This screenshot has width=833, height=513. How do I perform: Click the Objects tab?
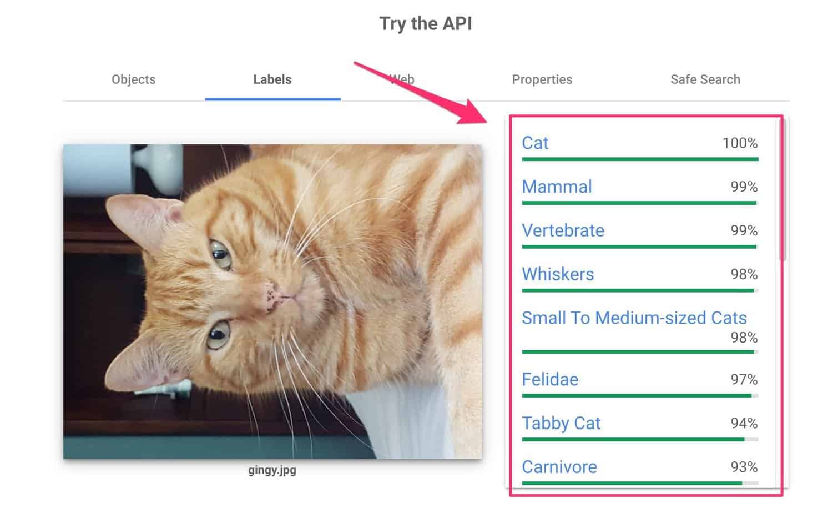pyautogui.click(x=133, y=79)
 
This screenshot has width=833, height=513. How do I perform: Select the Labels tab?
pyautogui.click(x=272, y=79)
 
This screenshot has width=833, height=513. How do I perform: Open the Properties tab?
pyautogui.click(x=542, y=79)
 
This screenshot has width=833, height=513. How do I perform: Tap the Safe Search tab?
pyautogui.click(x=705, y=79)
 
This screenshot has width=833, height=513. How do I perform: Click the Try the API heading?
pyautogui.click(x=426, y=23)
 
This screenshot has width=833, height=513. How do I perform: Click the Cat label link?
pyautogui.click(x=535, y=143)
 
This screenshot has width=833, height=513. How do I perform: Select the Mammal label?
pyautogui.click(x=557, y=187)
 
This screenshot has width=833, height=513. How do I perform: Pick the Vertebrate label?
pyautogui.click(x=563, y=230)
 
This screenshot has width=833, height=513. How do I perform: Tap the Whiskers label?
pyautogui.click(x=558, y=274)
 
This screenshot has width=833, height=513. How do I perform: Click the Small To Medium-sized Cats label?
pyautogui.click(x=634, y=318)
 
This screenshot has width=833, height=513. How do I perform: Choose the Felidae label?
pyautogui.click(x=550, y=380)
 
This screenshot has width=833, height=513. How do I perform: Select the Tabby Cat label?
pyautogui.click(x=561, y=424)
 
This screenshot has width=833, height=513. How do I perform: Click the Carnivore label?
pyautogui.click(x=559, y=467)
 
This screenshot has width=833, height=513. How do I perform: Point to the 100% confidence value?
pyautogui.click(x=740, y=143)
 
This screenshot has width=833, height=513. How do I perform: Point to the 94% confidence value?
pyautogui.click(x=744, y=424)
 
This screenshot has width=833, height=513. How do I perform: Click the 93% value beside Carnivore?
pyautogui.click(x=744, y=467)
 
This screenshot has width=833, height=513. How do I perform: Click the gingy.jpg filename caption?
pyautogui.click(x=272, y=470)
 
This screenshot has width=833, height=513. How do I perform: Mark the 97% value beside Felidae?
pyautogui.click(x=744, y=380)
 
